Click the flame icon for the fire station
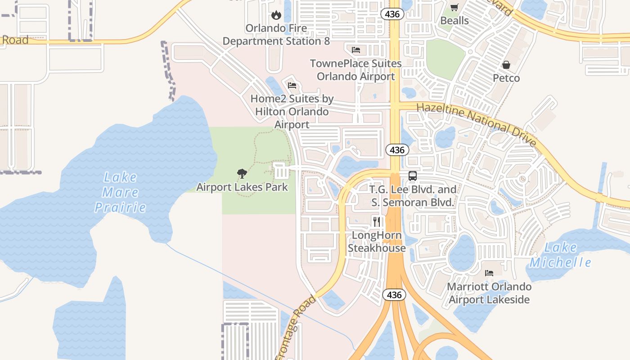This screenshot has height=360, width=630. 276,15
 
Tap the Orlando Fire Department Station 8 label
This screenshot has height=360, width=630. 276,35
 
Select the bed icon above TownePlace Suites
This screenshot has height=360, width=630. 356,49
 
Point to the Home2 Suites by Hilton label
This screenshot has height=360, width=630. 292,111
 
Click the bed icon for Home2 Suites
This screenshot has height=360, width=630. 292,85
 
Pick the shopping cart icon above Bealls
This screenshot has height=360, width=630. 454,7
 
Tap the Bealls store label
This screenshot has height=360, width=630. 454,21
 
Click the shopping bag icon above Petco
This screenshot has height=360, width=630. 506,65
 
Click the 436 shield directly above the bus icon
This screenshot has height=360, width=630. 397,150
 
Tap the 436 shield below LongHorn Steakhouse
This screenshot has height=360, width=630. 394,295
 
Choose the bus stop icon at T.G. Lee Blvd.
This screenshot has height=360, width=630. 413,176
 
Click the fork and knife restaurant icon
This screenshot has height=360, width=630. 377,221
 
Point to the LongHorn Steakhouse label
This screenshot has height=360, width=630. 377,242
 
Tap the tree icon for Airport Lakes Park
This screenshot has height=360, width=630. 242,173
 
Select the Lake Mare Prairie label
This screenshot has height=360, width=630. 120,192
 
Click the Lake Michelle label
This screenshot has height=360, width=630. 560,255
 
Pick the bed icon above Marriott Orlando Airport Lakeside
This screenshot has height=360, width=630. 489,273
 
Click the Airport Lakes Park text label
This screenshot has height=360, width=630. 242,187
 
